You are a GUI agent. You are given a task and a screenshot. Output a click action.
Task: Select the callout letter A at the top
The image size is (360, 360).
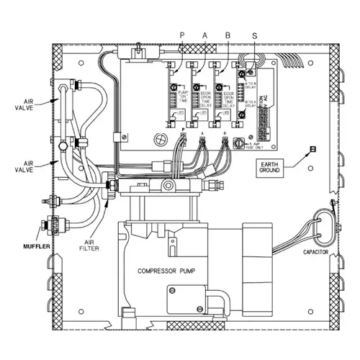coord(204,35)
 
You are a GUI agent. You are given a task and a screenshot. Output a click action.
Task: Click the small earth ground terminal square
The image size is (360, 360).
coord(312,150)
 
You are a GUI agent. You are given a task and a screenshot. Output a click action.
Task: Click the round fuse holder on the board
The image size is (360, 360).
coord(233,143)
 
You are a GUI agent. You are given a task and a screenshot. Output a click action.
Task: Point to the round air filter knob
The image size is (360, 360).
coord(110,185)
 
